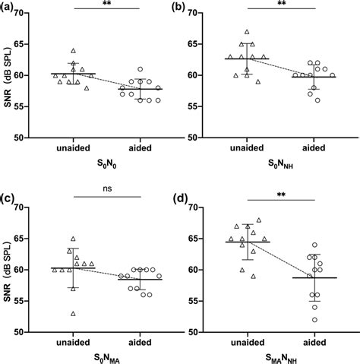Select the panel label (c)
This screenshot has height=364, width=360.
click(11, 200)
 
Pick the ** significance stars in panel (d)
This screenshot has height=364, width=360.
click(282, 196)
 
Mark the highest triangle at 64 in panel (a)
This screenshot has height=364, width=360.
click(73, 51)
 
